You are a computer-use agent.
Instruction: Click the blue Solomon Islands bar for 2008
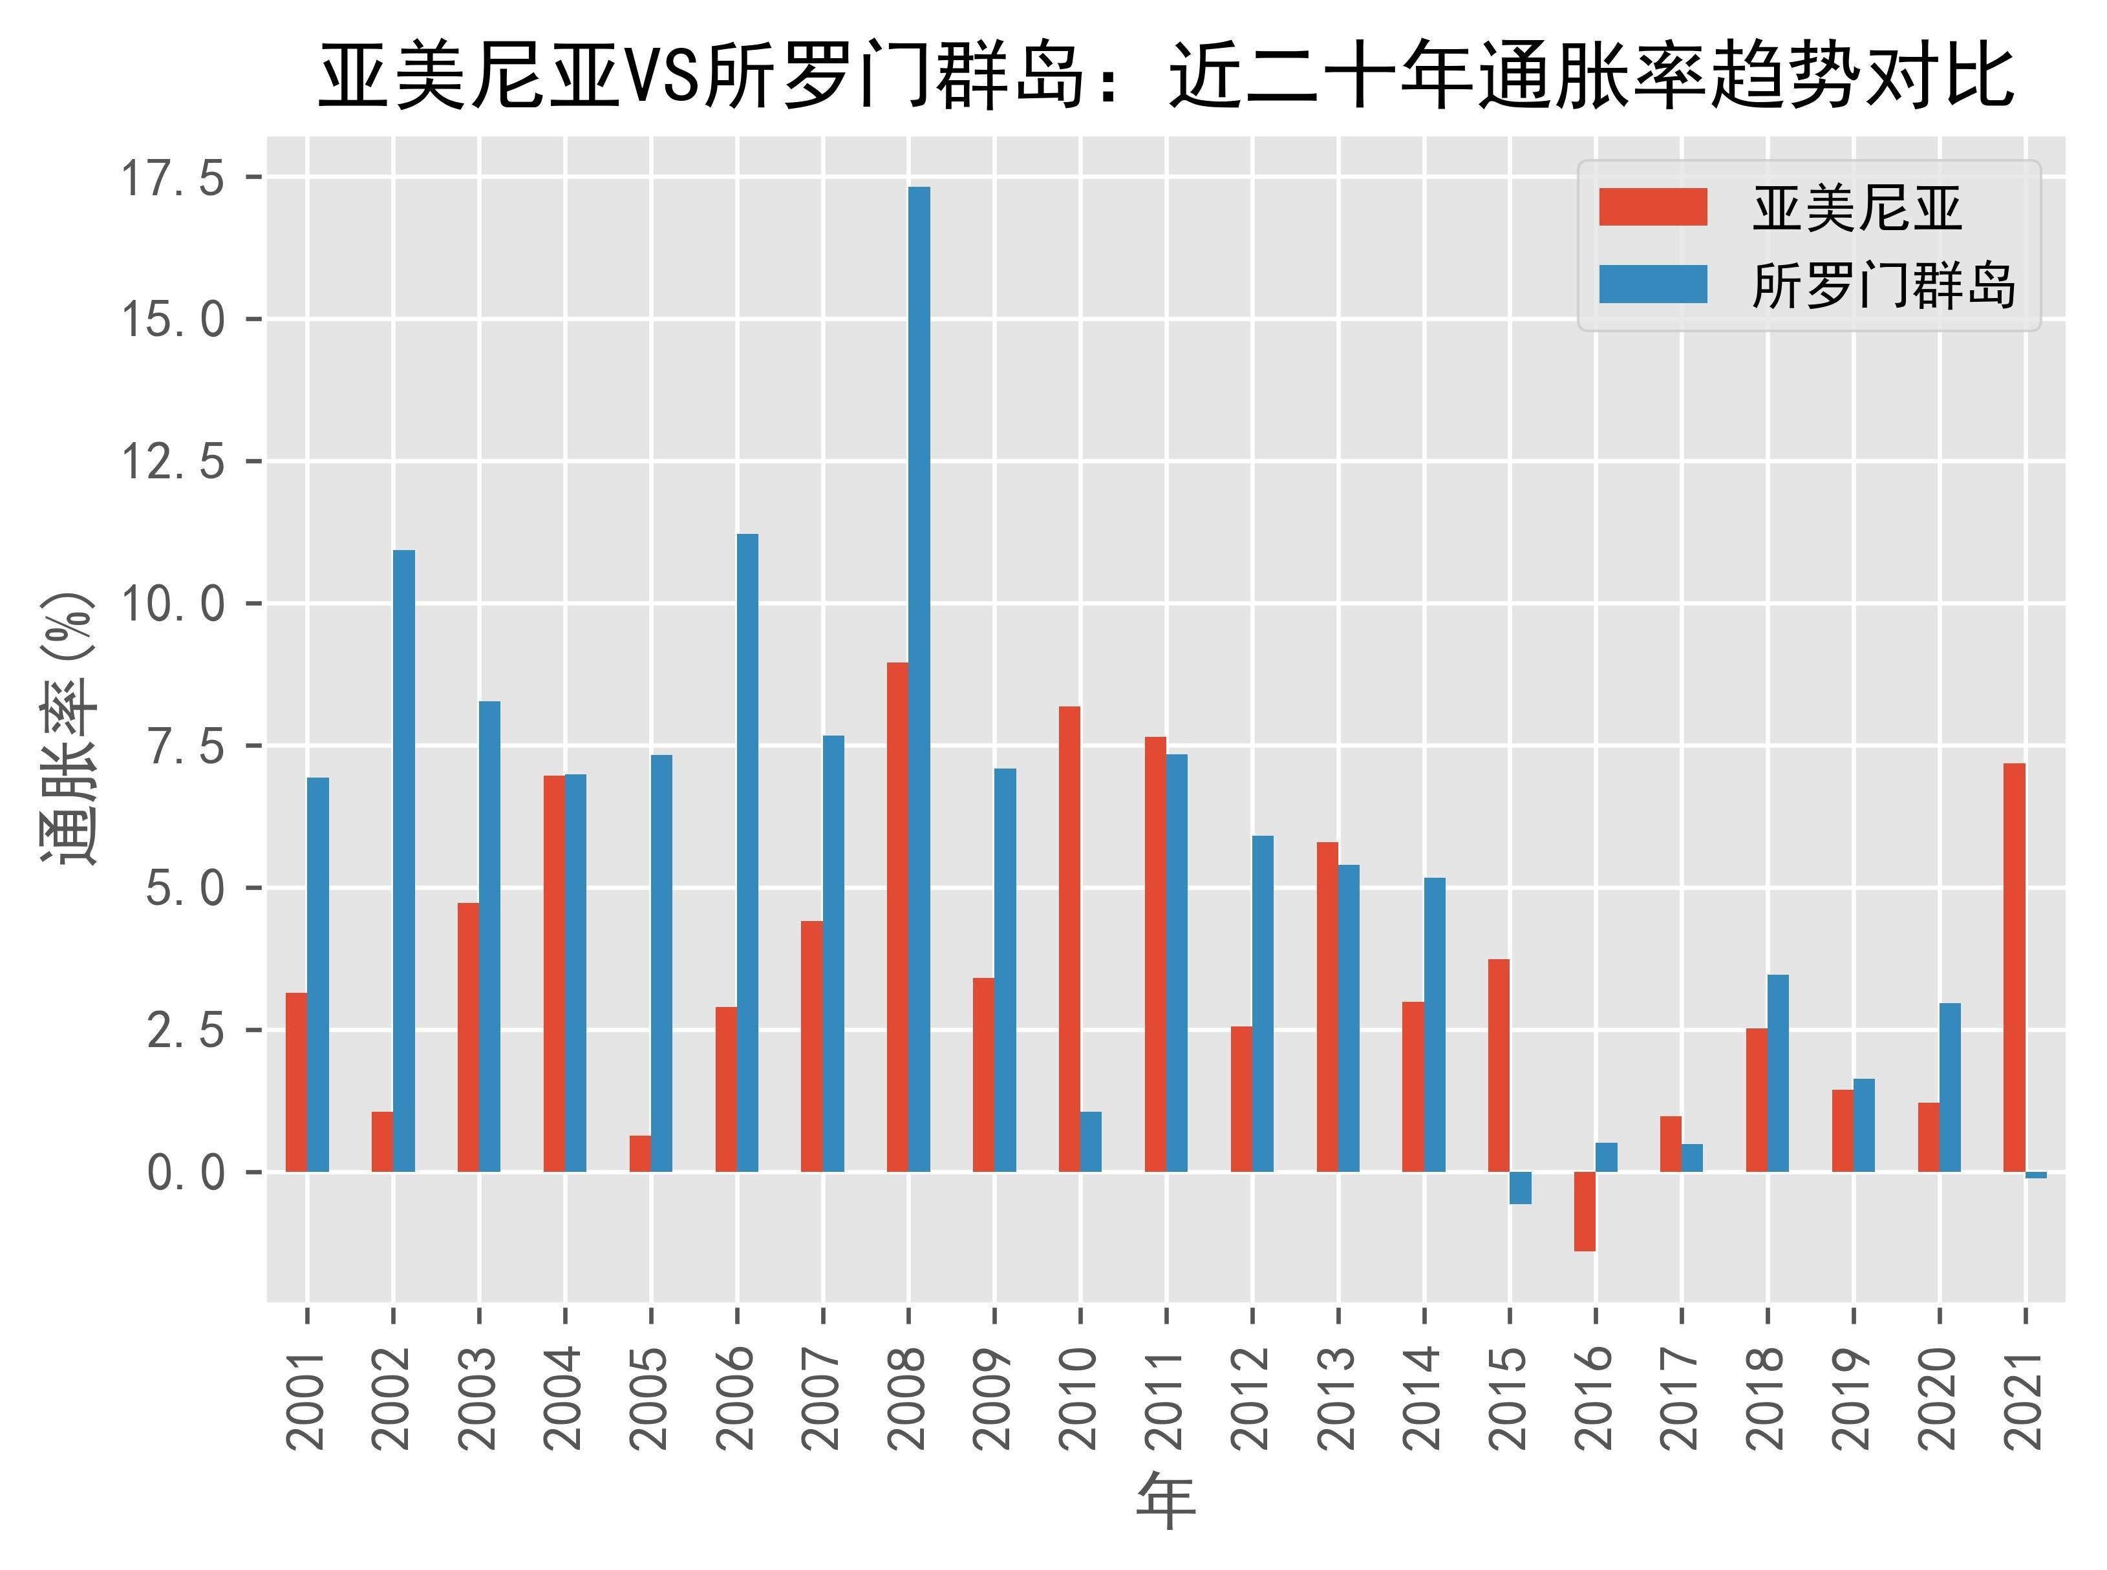tap(919, 679)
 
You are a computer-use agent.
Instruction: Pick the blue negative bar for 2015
tap(1521, 1188)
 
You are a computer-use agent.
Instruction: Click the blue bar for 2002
tap(404, 860)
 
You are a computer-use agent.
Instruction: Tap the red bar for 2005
tap(639, 1153)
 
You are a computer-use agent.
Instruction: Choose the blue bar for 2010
tap(1091, 1141)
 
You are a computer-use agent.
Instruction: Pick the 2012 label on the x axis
tap(1252, 1397)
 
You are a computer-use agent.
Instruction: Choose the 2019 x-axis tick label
tap(1854, 1397)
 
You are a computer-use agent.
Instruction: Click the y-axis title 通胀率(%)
tap(69, 727)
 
